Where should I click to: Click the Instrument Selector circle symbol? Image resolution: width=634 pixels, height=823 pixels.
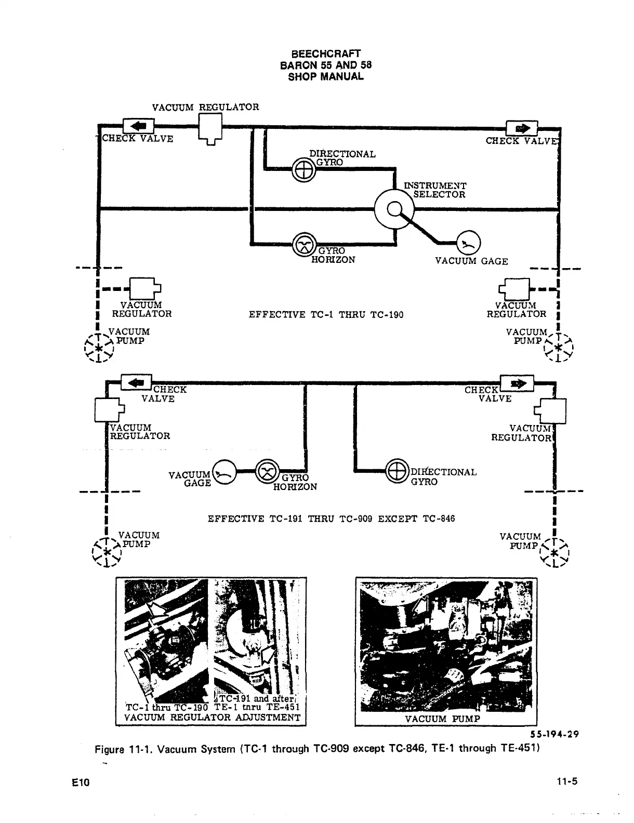[394, 209]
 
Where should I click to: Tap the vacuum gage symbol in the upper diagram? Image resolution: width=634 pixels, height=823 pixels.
[469, 243]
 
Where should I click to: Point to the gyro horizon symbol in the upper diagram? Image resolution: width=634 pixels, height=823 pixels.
[305, 244]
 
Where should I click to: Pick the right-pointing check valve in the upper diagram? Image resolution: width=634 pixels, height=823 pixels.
[521, 128]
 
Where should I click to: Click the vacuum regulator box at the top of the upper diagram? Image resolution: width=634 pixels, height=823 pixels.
[211, 127]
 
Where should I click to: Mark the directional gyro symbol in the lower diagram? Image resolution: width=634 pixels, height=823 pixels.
[397, 472]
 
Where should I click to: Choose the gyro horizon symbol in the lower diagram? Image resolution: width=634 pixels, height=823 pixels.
[268, 472]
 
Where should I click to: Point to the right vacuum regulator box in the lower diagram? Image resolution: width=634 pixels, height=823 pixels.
[553, 411]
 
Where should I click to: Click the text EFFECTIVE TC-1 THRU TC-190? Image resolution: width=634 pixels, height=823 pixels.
[326, 314]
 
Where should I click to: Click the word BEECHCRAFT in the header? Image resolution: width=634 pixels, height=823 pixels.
[326, 54]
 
